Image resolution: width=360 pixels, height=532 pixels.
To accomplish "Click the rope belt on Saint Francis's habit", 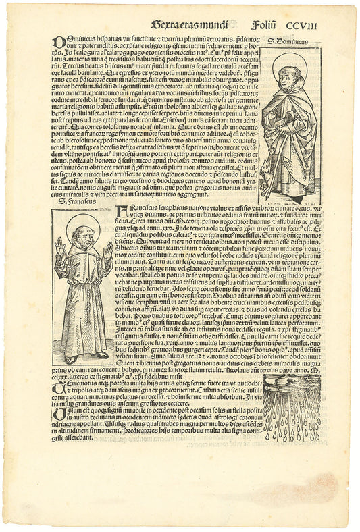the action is (81, 284).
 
